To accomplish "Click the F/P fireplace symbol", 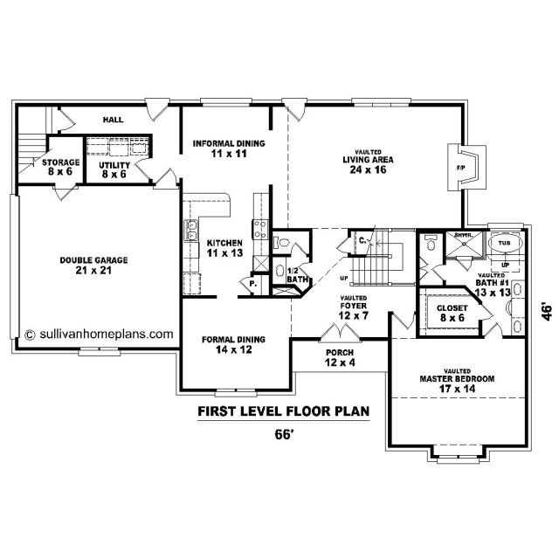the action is coord(467,168).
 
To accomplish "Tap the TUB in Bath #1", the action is coord(505,243).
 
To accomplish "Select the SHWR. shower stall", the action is coord(464,244).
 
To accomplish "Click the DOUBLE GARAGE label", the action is coord(93,260).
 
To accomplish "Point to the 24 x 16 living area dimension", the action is coord(368,169).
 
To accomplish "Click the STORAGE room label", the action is coord(60,162).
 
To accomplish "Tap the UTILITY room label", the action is coord(114,165).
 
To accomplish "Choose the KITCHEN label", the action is coord(224,243).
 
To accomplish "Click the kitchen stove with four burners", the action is coord(260,229).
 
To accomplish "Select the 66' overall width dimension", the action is coord(284,435).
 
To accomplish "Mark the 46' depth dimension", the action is coord(548,312).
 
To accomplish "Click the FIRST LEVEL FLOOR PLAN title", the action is coord(283,411).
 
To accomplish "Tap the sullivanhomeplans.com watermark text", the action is coord(99,335).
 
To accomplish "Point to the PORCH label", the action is coord(340,353).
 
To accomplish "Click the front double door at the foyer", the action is coord(340,332).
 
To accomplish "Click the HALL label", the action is coord(114,120).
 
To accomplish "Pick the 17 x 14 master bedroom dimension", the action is coord(457,389).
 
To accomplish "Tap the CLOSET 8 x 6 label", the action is coord(452,313).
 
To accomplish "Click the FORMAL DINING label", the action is coord(233,340).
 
